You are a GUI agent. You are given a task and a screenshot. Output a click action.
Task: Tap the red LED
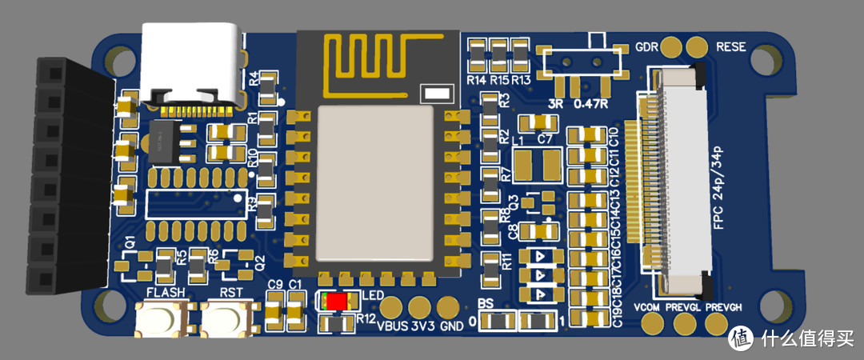[336, 302]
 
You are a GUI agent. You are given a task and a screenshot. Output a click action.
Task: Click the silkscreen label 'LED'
[373, 296]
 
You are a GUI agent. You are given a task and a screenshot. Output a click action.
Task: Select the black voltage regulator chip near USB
[170, 143]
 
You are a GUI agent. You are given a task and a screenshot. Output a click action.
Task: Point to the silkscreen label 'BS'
[486, 304]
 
